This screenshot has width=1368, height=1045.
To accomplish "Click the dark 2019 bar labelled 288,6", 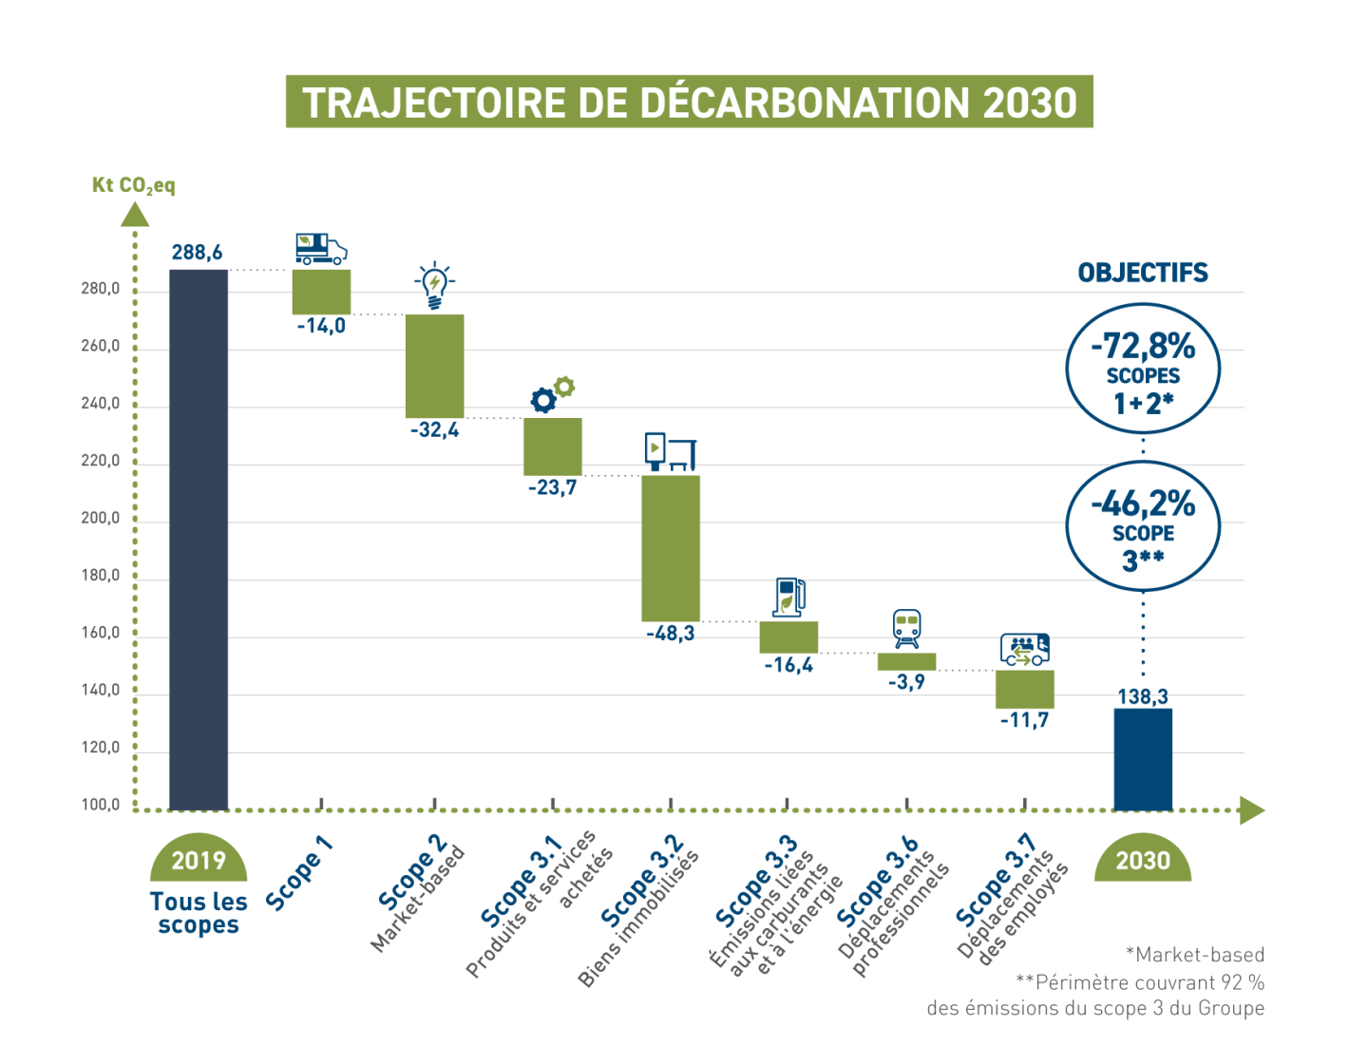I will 199,540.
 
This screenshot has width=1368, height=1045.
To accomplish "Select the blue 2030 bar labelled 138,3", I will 1143,759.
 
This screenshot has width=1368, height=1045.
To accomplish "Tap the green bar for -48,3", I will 671,548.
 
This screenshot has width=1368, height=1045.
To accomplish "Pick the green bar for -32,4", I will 435,366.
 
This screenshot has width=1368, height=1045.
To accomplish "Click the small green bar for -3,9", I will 906,662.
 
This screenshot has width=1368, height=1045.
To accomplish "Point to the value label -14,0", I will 321,326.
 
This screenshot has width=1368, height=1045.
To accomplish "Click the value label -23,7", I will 553,487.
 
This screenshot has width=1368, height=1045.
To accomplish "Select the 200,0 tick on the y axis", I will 101,519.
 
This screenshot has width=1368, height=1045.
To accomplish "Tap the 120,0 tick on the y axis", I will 101,748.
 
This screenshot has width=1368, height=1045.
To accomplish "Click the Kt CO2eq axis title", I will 134,185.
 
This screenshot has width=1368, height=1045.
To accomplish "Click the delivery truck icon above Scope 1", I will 321,249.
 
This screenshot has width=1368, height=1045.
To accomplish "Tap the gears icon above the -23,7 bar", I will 552,394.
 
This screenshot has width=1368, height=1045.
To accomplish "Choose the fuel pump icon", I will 788,598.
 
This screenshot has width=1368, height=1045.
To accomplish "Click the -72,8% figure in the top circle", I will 1143,346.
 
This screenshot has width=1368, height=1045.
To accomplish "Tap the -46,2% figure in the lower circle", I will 1143,503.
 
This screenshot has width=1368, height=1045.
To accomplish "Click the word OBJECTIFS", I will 1143,274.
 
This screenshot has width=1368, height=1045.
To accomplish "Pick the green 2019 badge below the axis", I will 199,861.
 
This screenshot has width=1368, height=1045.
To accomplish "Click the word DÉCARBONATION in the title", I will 807,103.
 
